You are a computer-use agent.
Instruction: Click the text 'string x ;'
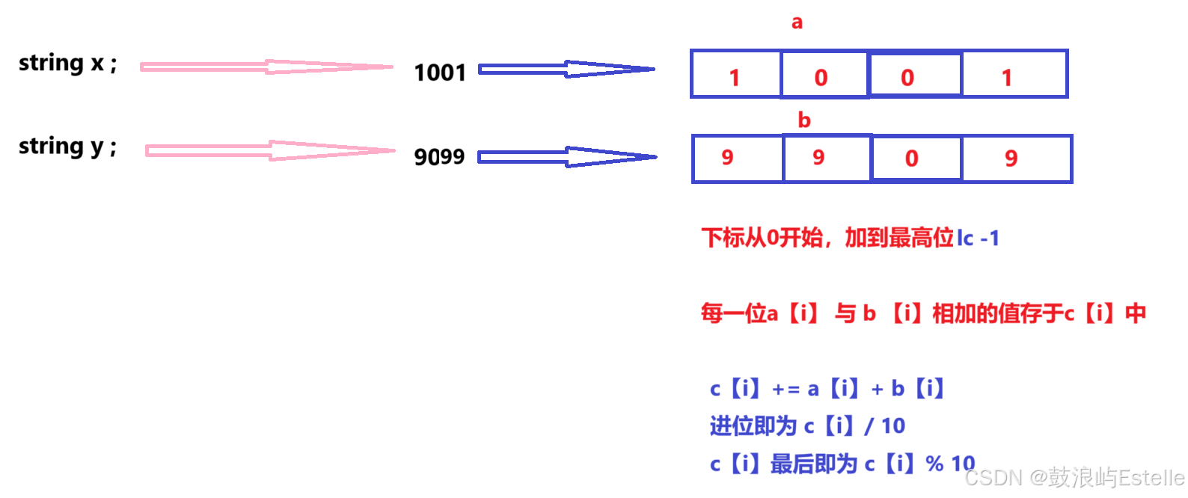pyautogui.click(x=67, y=64)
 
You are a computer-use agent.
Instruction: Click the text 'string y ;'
pyautogui.click(x=67, y=147)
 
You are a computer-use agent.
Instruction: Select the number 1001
pyautogui.click(x=440, y=73)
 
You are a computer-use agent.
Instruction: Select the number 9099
pyautogui.click(x=440, y=157)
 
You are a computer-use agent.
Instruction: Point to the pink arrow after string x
pyautogui.click(x=266, y=67)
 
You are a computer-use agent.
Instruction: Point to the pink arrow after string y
pyautogui.click(x=269, y=151)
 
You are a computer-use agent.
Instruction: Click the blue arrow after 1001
pyautogui.click(x=566, y=70)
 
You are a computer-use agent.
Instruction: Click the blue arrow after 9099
pyautogui.click(x=566, y=157)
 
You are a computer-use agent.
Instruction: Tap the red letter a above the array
pyautogui.click(x=797, y=22)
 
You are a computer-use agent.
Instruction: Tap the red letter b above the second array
pyautogui.click(x=804, y=120)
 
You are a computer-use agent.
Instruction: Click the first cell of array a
pyautogui.click(x=735, y=75)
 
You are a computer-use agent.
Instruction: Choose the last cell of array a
pyautogui.click(x=1014, y=75)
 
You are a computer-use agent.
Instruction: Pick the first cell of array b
pyautogui.click(x=738, y=159)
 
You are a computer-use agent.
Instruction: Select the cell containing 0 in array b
pyautogui.click(x=916, y=159)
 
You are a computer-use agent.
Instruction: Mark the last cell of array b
pyautogui.click(x=1016, y=159)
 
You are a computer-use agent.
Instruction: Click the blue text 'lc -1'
pyautogui.click(x=978, y=239)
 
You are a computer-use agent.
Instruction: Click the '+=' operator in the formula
pyautogui.click(x=786, y=390)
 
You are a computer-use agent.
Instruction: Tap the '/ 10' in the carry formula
pyautogui.click(x=885, y=426)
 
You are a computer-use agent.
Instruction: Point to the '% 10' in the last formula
pyautogui.click(x=950, y=464)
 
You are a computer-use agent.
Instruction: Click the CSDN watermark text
pyautogui.click(x=1074, y=477)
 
